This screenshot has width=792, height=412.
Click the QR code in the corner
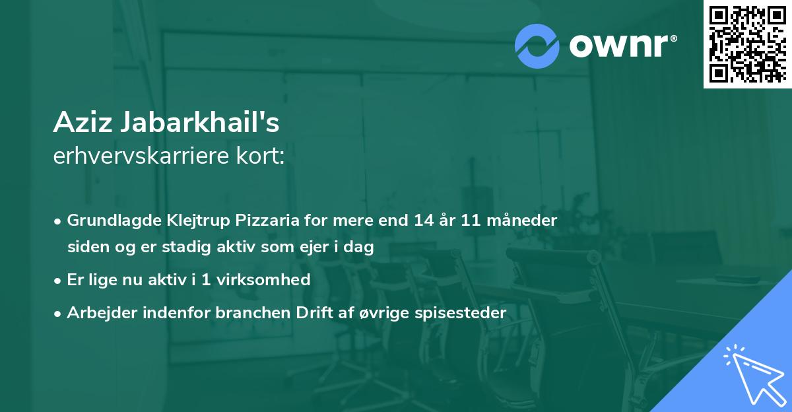tap(747, 44)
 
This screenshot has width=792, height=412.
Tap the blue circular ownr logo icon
tap(537, 46)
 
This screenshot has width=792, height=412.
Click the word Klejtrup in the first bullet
tap(186, 220)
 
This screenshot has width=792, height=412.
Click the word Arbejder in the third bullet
tap(97, 313)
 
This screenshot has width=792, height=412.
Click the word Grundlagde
tap(107, 220)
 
